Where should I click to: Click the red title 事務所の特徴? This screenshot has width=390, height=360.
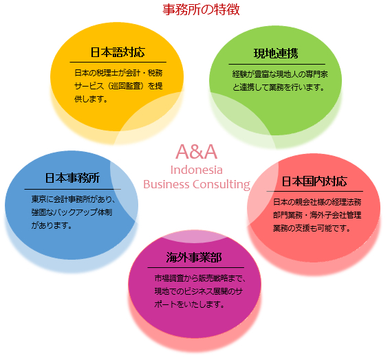pyautogui.click(x=201, y=10)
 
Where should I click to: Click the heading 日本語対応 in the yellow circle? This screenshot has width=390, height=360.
pyautogui.click(x=118, y=52)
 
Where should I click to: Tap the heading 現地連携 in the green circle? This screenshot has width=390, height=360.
pyautogui.click(x=276, y=54)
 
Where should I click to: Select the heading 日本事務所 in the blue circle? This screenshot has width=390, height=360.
pyautogui.click(x=72, y=178)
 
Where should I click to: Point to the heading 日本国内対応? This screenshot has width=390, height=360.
pyautogui.click(x=314, y=181)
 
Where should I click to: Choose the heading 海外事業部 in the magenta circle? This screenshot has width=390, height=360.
pyautogui.click(x=194, y=258)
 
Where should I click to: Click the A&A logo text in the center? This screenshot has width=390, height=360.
pyautogui.click(x=197, y=152)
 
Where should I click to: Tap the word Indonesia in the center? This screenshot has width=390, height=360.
pyautogui.click(x=197, y=170)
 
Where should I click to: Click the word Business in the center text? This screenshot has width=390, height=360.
pyautogui.click(x=166, y=184)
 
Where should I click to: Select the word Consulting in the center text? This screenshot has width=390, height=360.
pyautogui.click(x=221, y=185)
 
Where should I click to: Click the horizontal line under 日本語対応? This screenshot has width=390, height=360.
pyautogui.click(x=118, y=62)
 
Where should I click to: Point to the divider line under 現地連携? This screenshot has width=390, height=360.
pyautogui.click(x=277, y=64)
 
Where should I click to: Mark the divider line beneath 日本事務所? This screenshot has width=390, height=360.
pyautogui.click(x=73, y=190)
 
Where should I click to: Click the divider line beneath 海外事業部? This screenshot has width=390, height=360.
pyautogui.click(x=196, y=267)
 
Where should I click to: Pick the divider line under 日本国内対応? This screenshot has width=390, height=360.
pyautogui.click(x=314, y=191)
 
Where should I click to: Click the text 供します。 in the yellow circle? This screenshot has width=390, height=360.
pyautogui.click(x=91, y=99)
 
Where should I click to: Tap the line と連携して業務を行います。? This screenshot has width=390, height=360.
pyautogui.click(x=279, y=87)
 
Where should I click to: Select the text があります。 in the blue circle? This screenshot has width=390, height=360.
pyautogui.click(x=52, y=225)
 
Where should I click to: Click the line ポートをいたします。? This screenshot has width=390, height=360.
pyautogui.click(x=189, y=304)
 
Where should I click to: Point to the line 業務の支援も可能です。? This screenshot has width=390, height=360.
pyautogui.click(x=312, y=228)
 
